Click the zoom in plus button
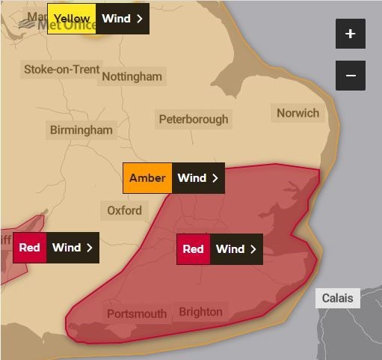351,34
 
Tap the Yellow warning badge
72,19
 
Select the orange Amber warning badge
147,178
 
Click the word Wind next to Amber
191,178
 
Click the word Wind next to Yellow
116,19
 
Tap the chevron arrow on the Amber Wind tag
215,178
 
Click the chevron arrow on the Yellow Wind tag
140,19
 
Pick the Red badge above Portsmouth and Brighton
193,249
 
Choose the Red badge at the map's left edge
29,248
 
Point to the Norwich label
298,114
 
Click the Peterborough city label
194,119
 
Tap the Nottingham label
132,76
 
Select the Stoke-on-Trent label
61,70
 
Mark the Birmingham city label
81,130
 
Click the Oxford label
124,210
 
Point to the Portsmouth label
137,314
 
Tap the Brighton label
200,311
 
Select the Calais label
337,298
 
